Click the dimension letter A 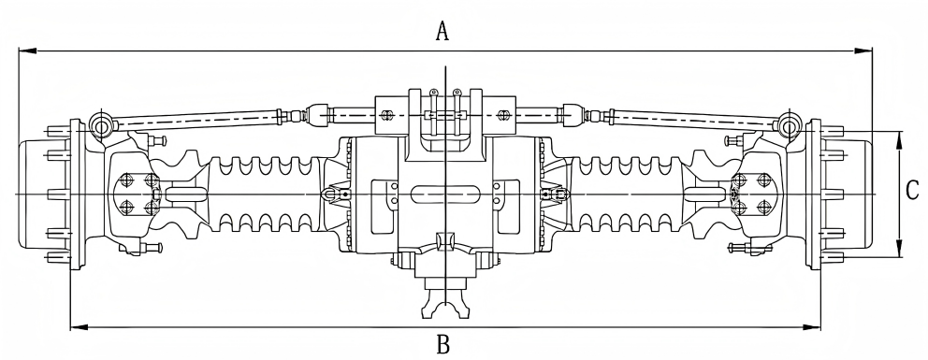442,31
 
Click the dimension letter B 443,343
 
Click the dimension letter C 913,191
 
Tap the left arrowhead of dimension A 27,50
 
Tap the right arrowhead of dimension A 863,50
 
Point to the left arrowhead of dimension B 80,327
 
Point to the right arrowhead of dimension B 812,327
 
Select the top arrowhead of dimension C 899,140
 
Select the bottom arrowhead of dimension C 899,249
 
